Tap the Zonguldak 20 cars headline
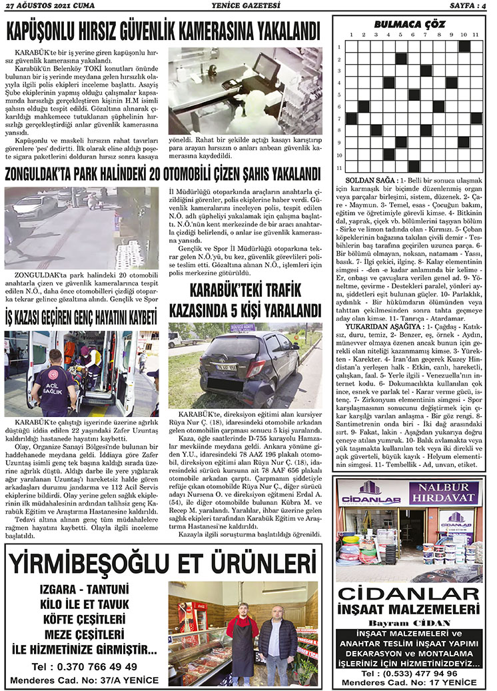coord(163,175)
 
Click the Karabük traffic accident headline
coord(245,300)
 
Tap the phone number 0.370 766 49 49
coord(85,666)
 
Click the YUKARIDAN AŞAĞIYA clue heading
coord(384,327)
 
